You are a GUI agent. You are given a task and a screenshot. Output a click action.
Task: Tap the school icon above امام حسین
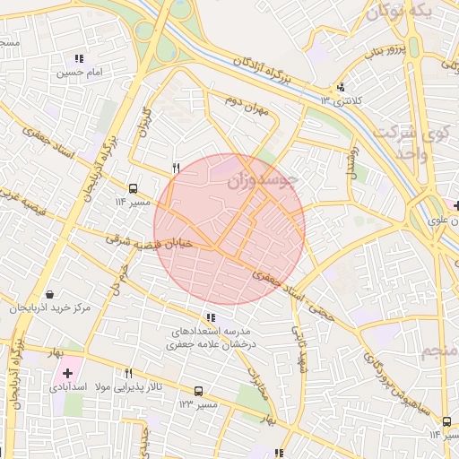coord(80,58)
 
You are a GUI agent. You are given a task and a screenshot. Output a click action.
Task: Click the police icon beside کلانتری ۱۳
coord(340,87)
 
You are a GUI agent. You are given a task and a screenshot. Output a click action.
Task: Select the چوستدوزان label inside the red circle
coord(261,181)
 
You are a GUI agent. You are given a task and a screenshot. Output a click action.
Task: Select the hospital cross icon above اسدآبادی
coord(67,372)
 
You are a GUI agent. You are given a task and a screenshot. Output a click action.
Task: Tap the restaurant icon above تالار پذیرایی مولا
coord(129,373)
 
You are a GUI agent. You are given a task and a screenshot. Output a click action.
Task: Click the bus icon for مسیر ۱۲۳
coord(198,391)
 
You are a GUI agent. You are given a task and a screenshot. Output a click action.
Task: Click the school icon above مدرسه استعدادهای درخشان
coord(211,317)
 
